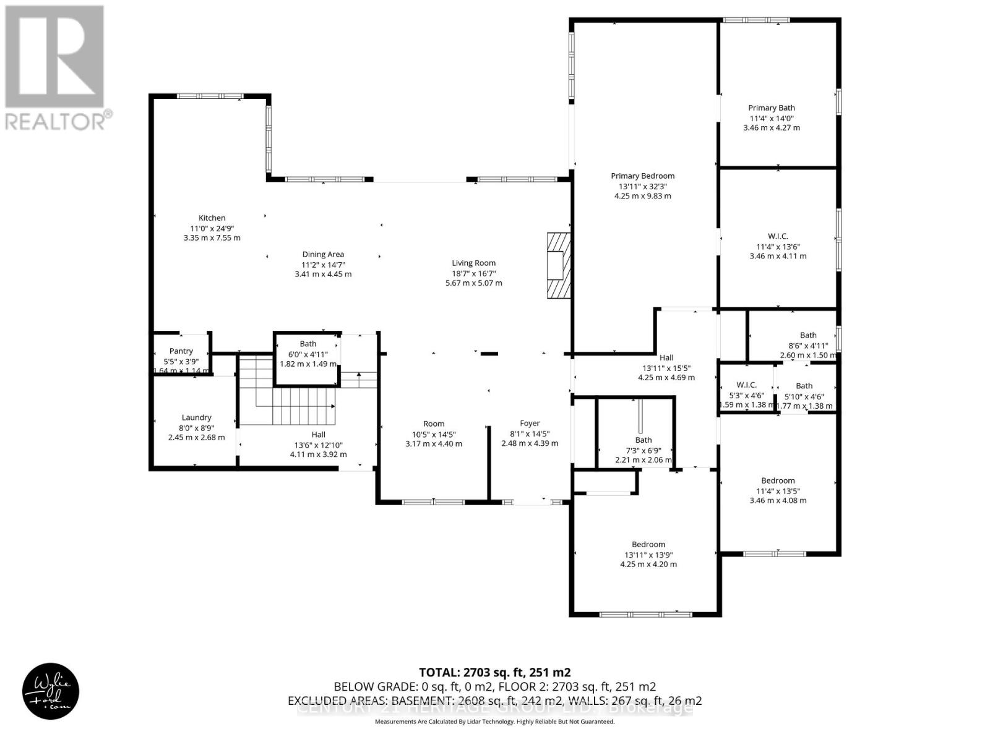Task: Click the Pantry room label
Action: click(x=181, y=351)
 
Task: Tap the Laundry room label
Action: click(x=196, y=417)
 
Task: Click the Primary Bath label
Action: click(x=771, y=108)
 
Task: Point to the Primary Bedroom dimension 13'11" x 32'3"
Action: click(x=642, y=186)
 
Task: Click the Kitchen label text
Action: click(x=212, y=218)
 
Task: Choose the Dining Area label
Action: click(x=323, y=254)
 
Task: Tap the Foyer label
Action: click(x=530, y=424)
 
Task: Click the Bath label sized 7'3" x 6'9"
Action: click(x=643, y=440)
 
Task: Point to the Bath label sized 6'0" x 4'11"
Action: click(x=308, y=344)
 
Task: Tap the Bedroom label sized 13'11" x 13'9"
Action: click(x=648, y=544)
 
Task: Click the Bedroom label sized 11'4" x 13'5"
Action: click(x=778, y=480)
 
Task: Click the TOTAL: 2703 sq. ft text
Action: click(x=494, y=672)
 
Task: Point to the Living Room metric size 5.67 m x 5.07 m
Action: click(x=474, y=283)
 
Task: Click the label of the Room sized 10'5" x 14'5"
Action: click(x=434, y=424)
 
